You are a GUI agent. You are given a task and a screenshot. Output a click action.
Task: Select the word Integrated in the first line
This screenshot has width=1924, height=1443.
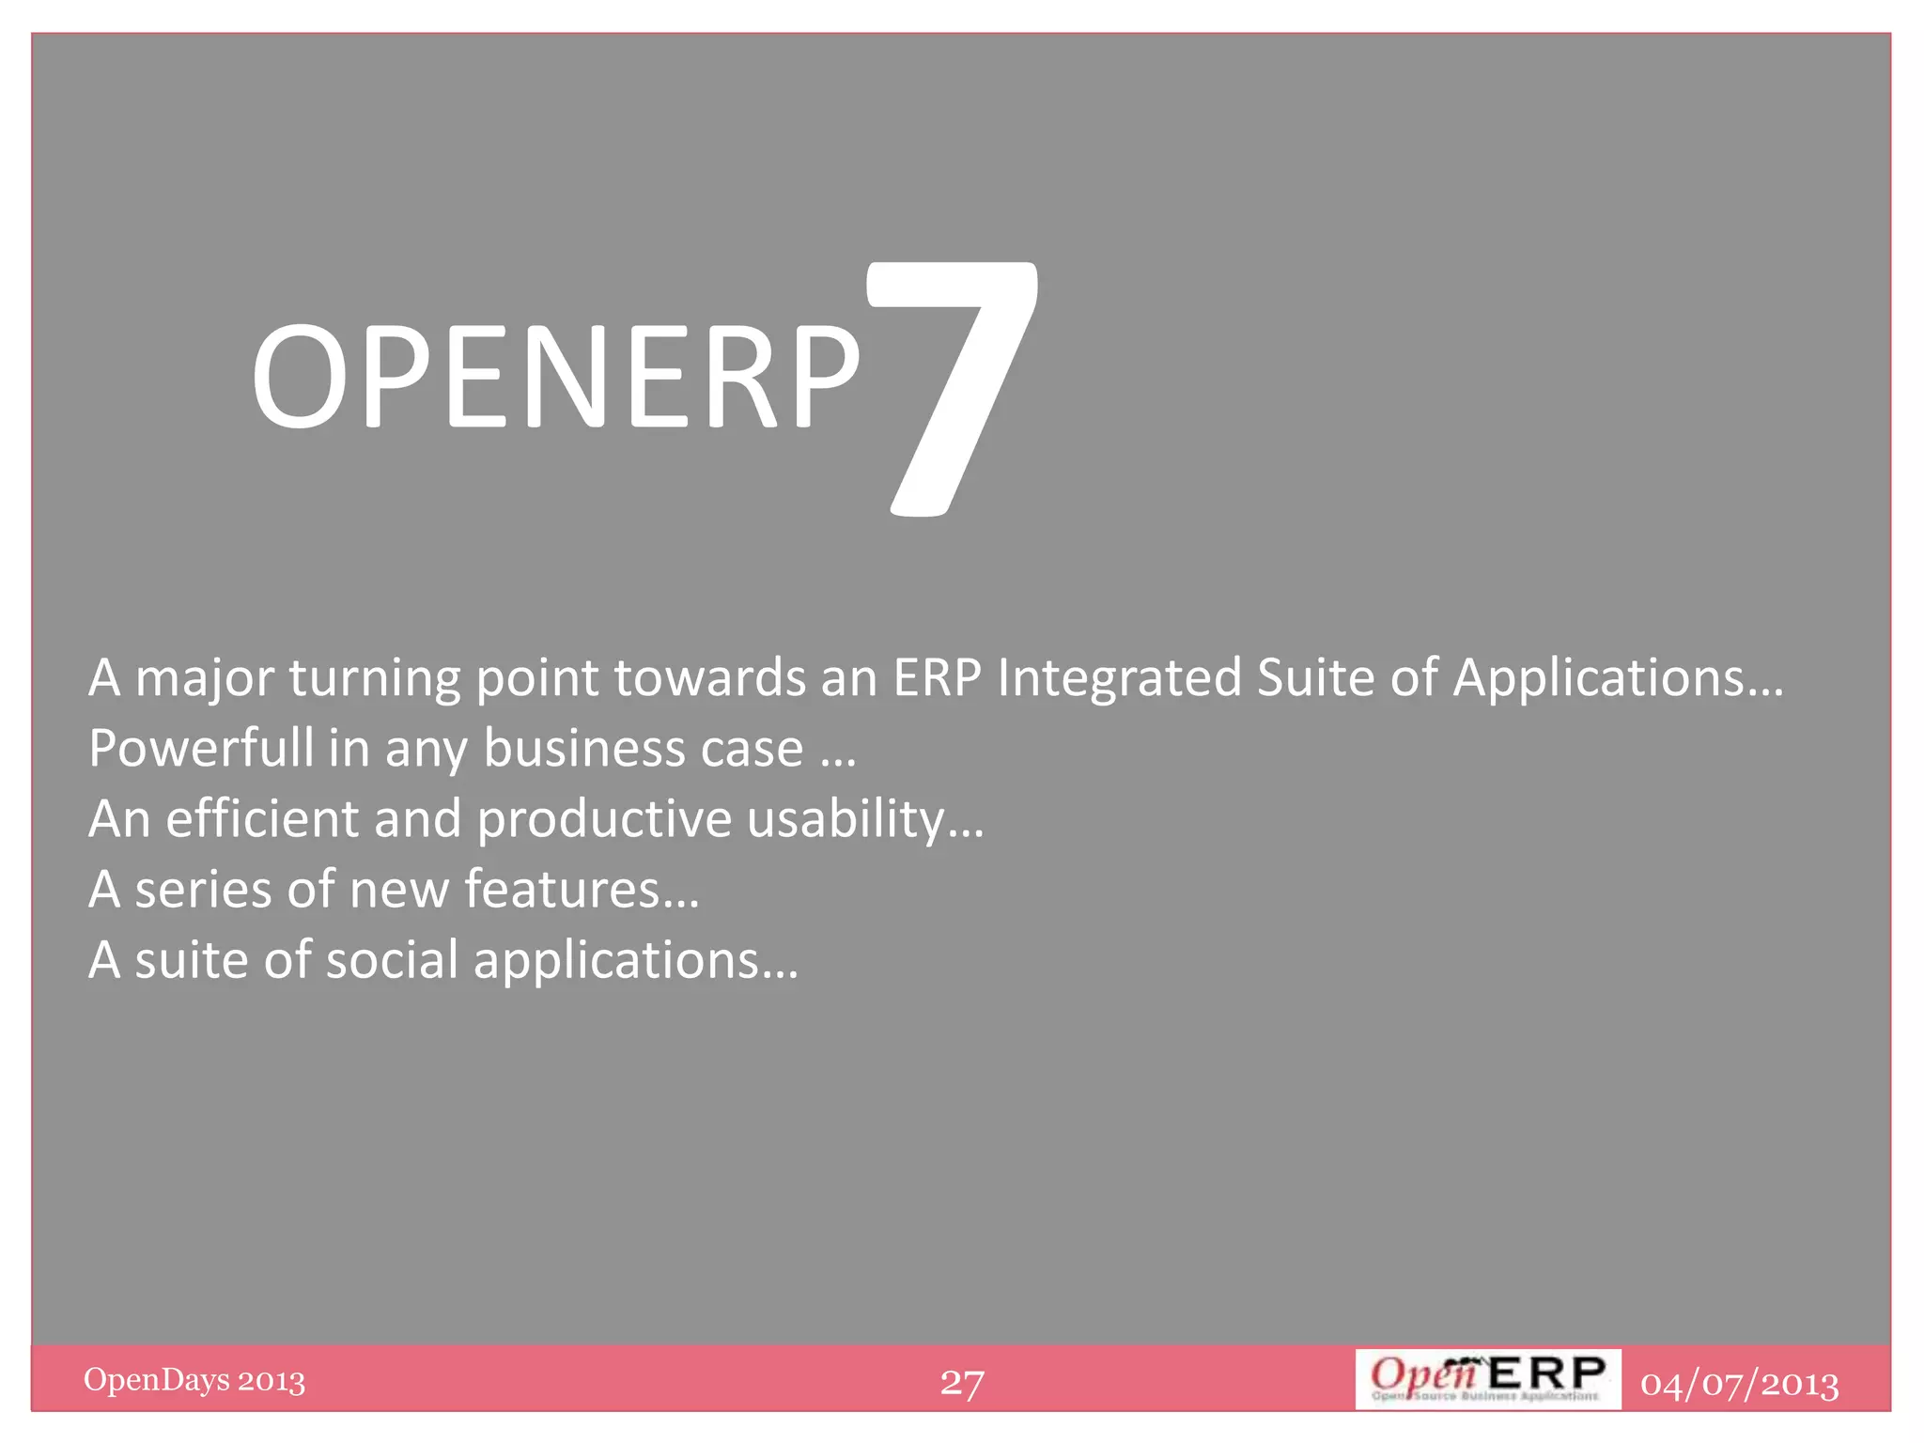[1120, 678]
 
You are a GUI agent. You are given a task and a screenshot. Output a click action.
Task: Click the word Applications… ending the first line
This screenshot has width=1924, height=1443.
[1618, 678]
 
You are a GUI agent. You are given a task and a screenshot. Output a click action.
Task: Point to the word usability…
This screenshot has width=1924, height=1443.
[865, 819]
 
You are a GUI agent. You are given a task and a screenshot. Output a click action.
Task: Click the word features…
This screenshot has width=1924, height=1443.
[582, 890]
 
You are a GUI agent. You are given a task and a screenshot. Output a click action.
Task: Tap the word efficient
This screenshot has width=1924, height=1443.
[262, 819]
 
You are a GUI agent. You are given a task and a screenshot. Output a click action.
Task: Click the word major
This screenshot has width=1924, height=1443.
[204, 678]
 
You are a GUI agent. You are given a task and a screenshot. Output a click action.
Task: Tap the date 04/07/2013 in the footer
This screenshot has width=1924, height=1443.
[1739, 1384]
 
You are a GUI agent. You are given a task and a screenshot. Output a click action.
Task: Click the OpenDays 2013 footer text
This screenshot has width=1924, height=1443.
[194, 1380]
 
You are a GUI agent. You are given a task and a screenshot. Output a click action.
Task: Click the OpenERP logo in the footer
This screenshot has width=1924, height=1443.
[1487, 1378]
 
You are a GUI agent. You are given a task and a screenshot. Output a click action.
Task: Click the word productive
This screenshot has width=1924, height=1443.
[604, 819]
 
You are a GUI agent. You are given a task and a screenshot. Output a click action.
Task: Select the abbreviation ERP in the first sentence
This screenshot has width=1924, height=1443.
[937, 678]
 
